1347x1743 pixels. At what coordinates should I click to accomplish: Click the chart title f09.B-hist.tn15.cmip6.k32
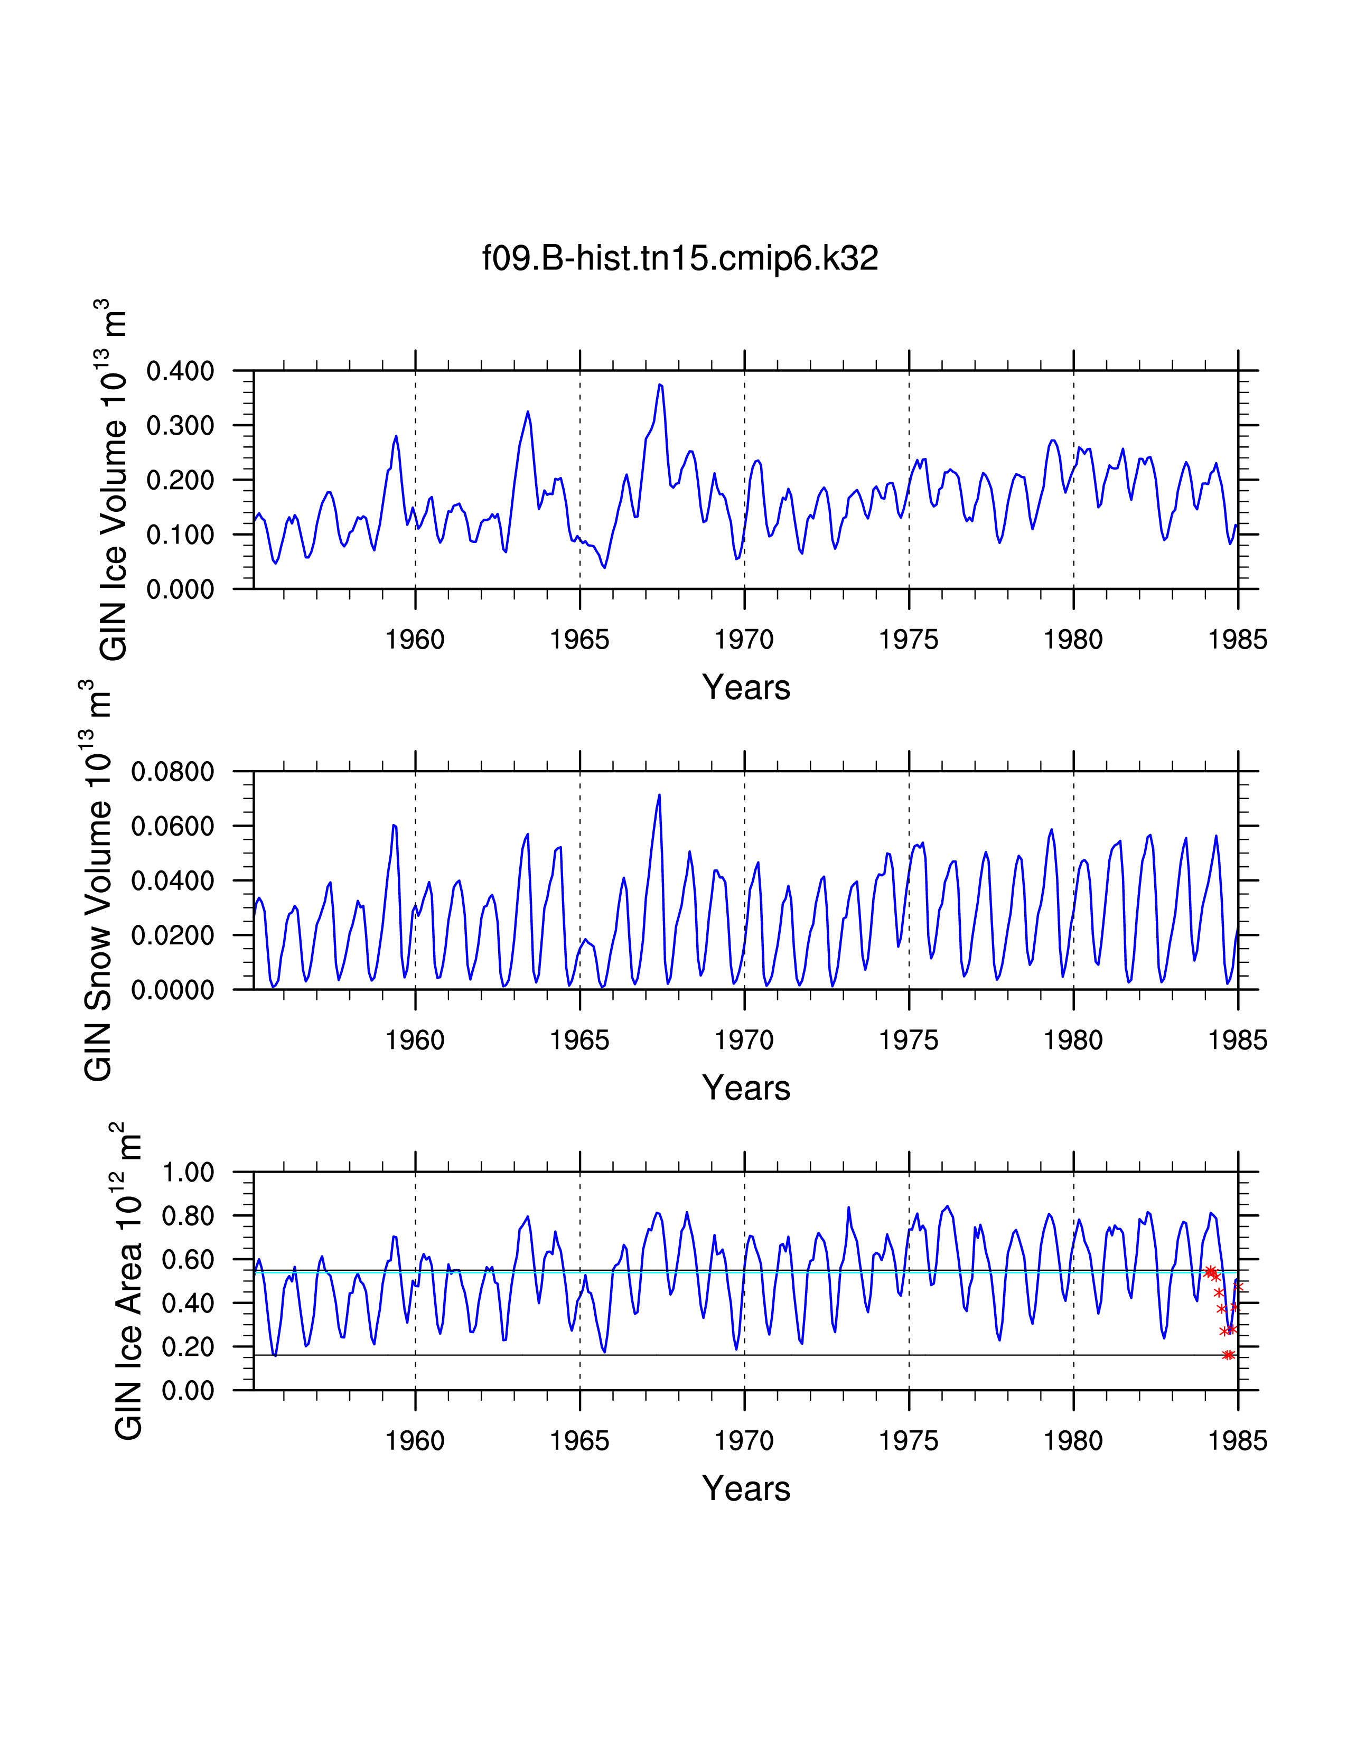(x=680, y=259)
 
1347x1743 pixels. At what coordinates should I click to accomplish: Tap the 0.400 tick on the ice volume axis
(x=180, y=371)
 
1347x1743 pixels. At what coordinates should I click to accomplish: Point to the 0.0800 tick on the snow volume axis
(x=172, y=772)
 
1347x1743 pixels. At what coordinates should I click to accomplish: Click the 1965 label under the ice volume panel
(x=579, y=640)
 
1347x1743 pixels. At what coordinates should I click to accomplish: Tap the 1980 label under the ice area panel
(x=1073, y=1441)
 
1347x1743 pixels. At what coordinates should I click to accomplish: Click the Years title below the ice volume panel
(x=745, y=687)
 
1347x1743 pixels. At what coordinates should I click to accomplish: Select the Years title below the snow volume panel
(x=745, y=1088)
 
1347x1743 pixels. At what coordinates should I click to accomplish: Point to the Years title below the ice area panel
(x=745, y=1488)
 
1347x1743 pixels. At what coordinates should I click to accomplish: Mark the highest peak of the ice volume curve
(x=659, y=385)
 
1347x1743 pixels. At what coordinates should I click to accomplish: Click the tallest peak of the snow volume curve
(x=659, y=795)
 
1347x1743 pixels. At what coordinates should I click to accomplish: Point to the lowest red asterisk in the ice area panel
(x=1228, y=1355)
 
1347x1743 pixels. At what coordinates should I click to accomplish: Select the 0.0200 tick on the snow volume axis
(x=172, y=935)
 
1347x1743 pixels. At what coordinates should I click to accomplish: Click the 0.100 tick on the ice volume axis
(x=180, y=535)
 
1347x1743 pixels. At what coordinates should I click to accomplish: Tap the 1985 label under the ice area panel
(x=1238, y=1441)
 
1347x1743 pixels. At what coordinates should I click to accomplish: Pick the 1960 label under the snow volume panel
(x=415, y=1041)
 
